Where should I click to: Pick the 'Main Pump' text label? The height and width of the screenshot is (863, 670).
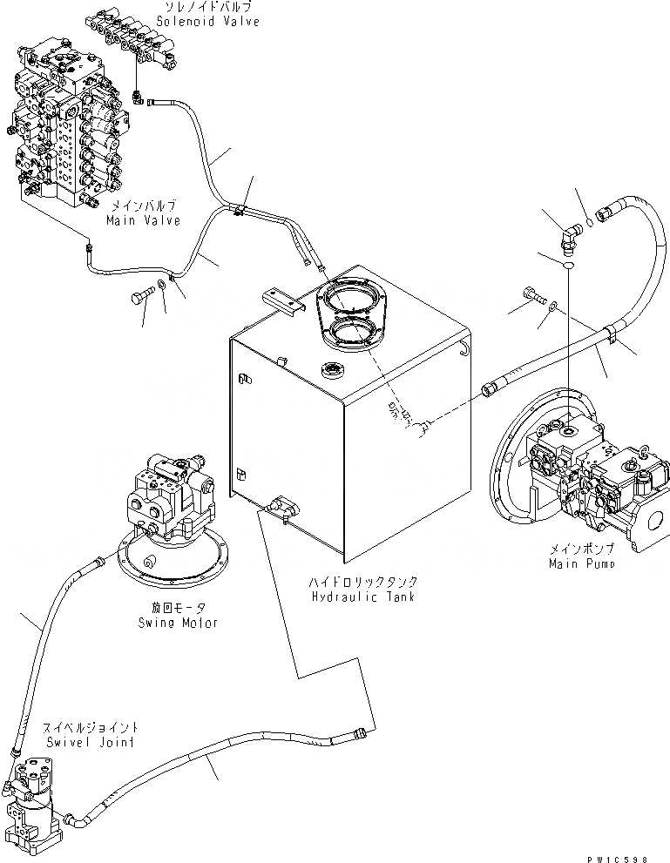pos(582,563)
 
